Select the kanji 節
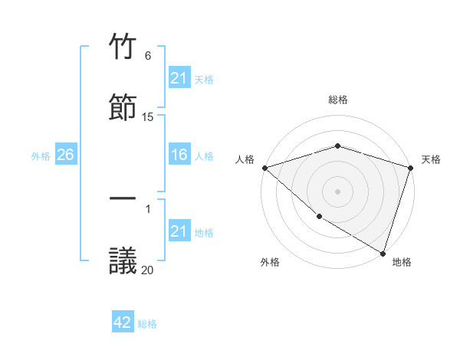click(x=123, y=108)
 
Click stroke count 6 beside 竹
click(x=148, y=56)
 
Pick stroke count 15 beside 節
click(x=148, y=116)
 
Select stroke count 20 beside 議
click(x=148, y=269)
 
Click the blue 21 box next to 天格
click(x=179, y=78)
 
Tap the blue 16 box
click(x=179, y=155)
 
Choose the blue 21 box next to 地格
click(x=179, y=232)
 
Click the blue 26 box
click(x=65, y=155)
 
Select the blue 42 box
click(x=123, y=322)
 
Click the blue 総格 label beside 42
click(x=147, y=324)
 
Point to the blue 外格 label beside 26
click(x=41, y=156)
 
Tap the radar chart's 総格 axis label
click(x=338, y=100)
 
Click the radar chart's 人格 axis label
click(x=245, y=159)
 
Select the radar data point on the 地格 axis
click(x=383, y=253)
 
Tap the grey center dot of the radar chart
click(x=338, y=191)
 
